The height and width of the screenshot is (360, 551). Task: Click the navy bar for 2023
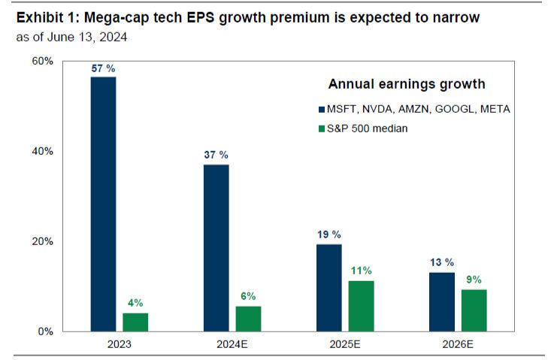[104, 204]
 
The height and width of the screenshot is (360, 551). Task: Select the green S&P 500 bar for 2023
[136, 322]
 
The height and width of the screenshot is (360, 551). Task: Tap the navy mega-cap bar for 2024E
[216, 248]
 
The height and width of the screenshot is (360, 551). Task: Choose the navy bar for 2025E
[329, 287]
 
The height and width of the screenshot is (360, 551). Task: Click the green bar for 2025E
[362, 306]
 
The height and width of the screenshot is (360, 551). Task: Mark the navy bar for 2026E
[442, 301]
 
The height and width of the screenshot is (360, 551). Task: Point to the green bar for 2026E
[474, 310]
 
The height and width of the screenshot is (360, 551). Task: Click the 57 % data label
[103, 68]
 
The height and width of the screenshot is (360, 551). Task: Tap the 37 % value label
[216, 155]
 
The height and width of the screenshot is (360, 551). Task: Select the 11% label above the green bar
[362, 271]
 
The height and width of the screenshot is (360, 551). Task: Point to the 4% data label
[136, 303]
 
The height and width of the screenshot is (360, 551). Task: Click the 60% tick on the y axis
[43, 61]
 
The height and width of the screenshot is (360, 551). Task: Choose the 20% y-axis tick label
[43, 241]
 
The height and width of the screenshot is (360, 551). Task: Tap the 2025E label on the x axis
[345, 345]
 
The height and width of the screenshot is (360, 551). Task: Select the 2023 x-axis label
[120, 345]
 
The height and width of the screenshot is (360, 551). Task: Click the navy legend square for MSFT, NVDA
[322, 110]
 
